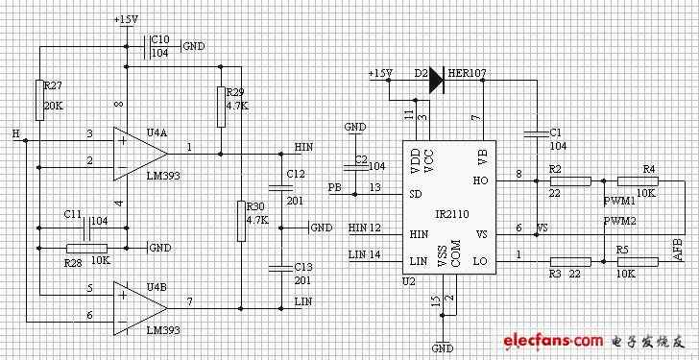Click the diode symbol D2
click(x=437, y=81)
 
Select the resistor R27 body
click(x=39, y=100)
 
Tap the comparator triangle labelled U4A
click(x=140, y=154)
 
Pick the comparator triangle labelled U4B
click(x=140, y=308)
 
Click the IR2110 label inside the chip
click(x=452, y=214)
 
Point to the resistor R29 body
click(x=221, y=107)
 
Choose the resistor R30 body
click(x=241, y=222)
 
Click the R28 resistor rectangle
click(x=86, y=249)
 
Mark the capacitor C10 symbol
click(x=147, y=46)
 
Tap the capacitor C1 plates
click(x=537, y=133)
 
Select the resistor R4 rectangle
click(x=638, y=180)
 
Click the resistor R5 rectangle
click(x=638, y=261)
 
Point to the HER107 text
click(x=467, y=73)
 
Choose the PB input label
click(x=335, y=186)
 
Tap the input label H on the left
click(x=16, y=133)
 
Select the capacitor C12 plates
click(x=280, y=187)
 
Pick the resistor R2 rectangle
click(x=570, y=180)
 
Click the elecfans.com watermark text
click(x=553, y=342)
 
